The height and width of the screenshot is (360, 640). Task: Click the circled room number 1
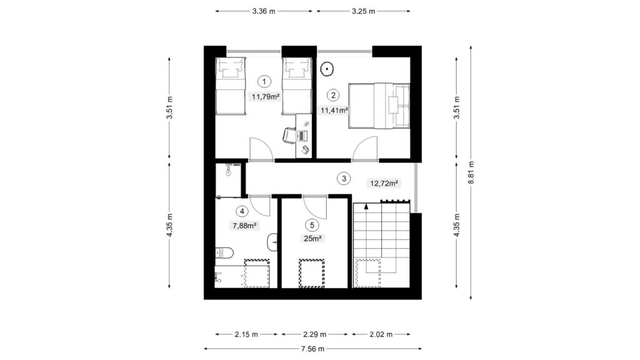coord(264,82)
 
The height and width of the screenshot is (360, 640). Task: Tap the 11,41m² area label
coord(334,110)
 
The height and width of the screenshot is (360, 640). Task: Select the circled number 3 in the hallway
coord(344,178)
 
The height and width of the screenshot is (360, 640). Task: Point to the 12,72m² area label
coord(384,183)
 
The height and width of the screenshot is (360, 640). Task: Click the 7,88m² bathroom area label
coord(244,225)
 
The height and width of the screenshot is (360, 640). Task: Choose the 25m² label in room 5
coord(312,239)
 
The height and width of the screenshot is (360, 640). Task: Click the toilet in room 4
coord(224,253)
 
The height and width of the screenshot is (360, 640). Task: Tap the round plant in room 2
coord(327,69)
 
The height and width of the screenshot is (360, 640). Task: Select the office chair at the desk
coord(289,136)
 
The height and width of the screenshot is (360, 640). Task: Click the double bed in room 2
coord(379,106)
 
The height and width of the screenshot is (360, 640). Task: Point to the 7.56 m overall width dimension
coord(312,349)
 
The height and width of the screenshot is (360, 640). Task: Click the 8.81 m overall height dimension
coord(471,172)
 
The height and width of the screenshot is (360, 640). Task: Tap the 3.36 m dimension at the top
coord(264,11)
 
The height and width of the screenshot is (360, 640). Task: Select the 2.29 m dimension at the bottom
coord(315,334)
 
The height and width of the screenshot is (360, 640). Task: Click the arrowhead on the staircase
coord(366,206)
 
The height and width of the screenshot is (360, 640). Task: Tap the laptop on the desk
coord(302,136)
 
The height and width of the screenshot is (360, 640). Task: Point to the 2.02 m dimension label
coord(381,334)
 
